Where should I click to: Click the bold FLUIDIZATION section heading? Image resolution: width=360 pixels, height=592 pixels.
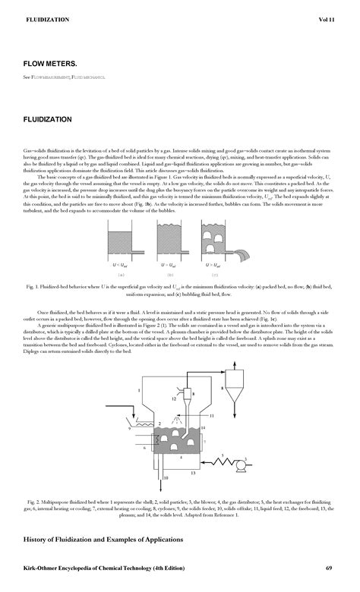(48, 120)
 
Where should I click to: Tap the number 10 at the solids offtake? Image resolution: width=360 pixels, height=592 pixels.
(167, 479)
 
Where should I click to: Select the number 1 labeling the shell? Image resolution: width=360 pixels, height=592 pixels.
(139, 391)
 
